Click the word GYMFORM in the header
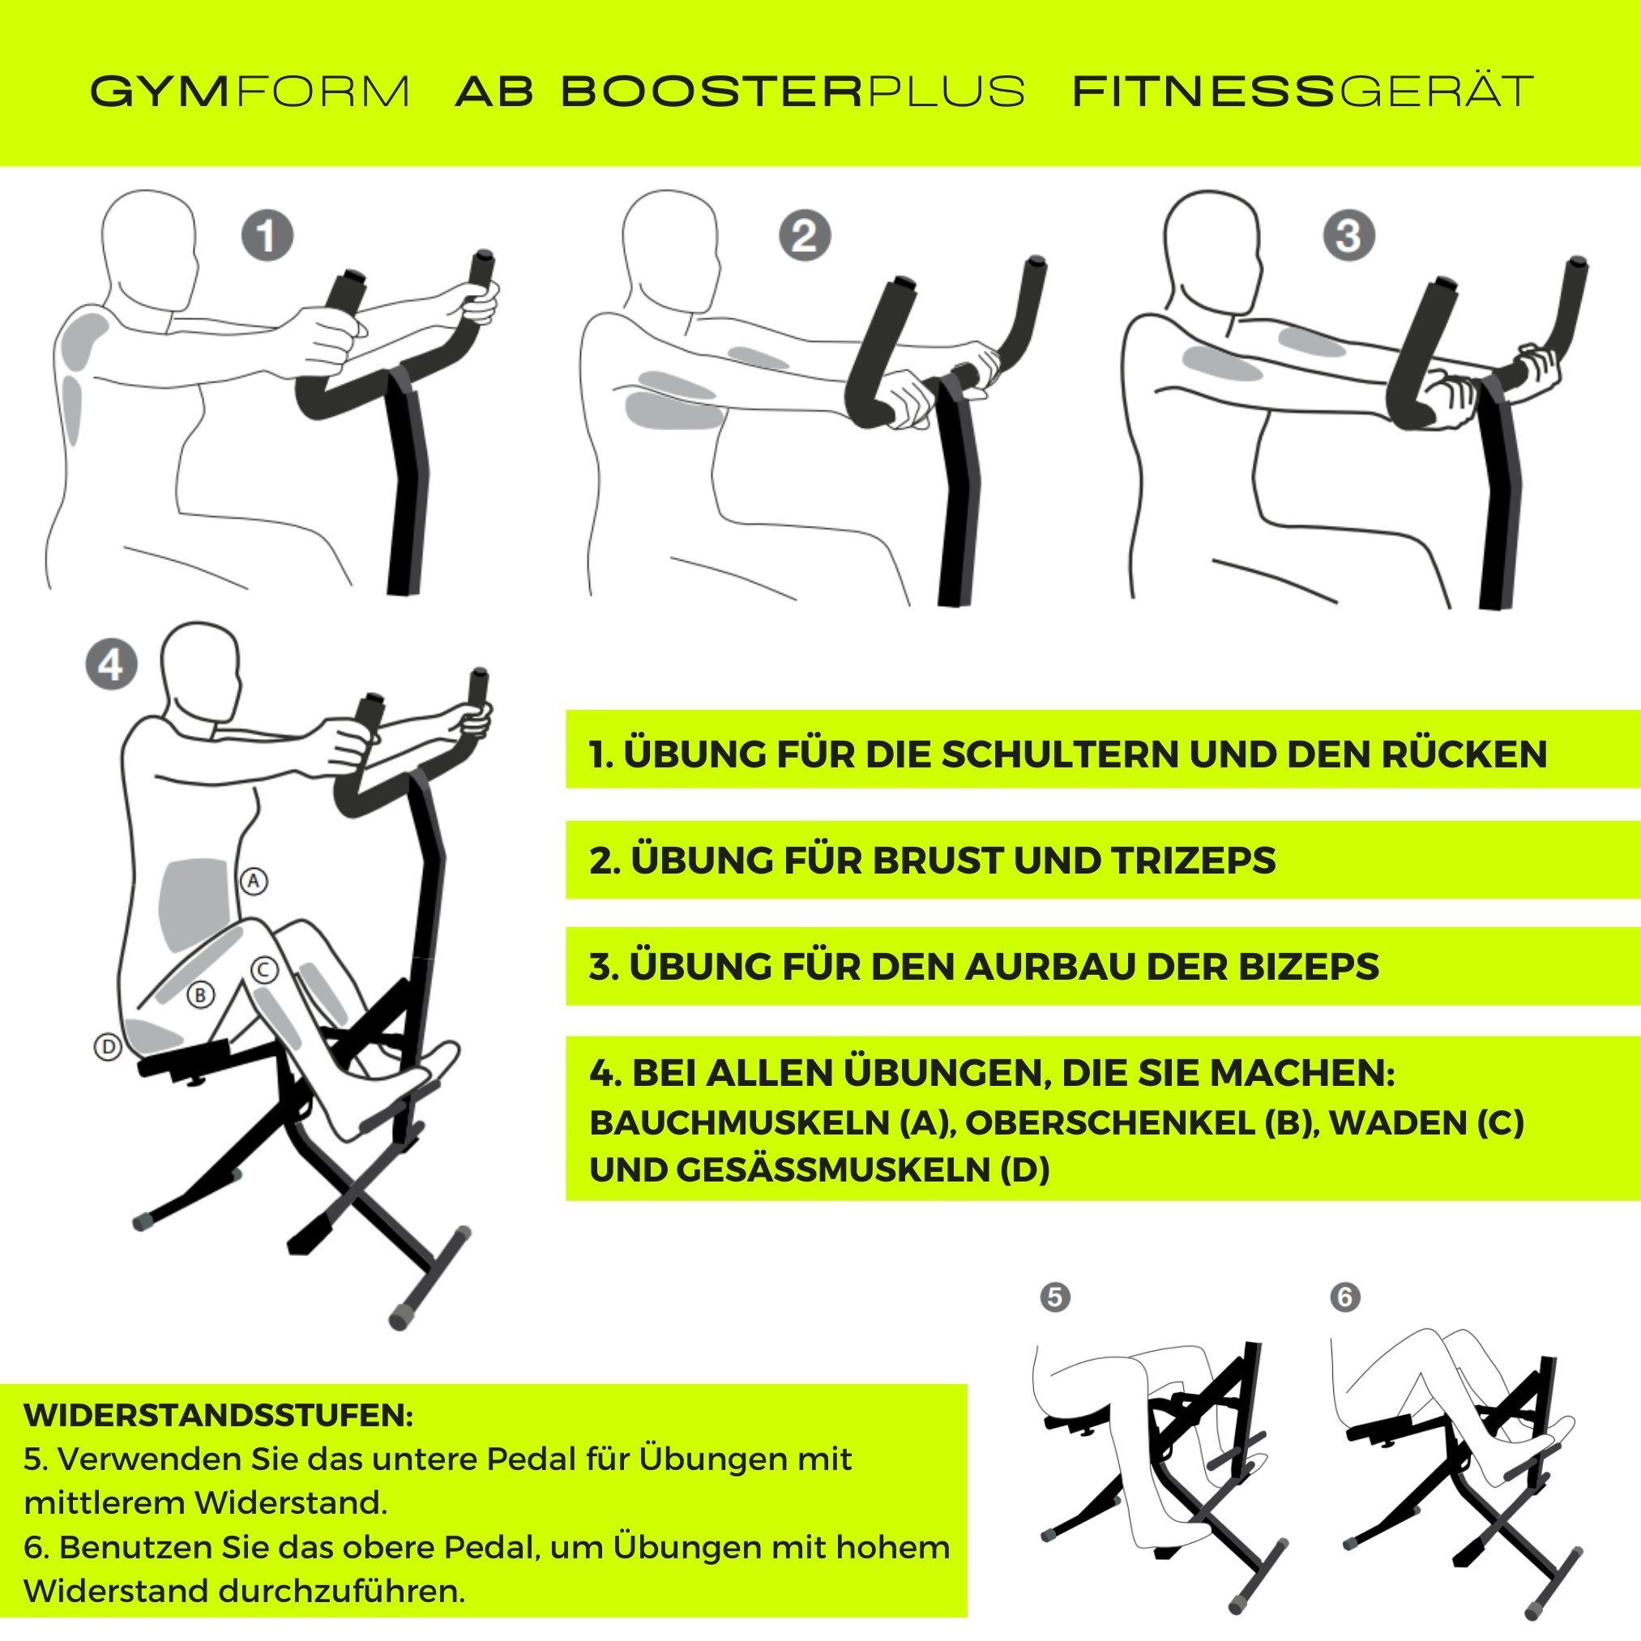250,91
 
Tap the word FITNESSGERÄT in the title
1302,91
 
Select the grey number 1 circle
267,235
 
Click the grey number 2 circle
804,235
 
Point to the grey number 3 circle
1348,235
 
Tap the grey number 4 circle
110,665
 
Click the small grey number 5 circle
1055,1297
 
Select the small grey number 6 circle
1344,1297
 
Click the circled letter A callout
253,881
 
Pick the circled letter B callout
200,994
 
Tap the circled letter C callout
264,969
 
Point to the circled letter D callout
107,1047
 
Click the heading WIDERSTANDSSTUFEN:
218,1416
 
